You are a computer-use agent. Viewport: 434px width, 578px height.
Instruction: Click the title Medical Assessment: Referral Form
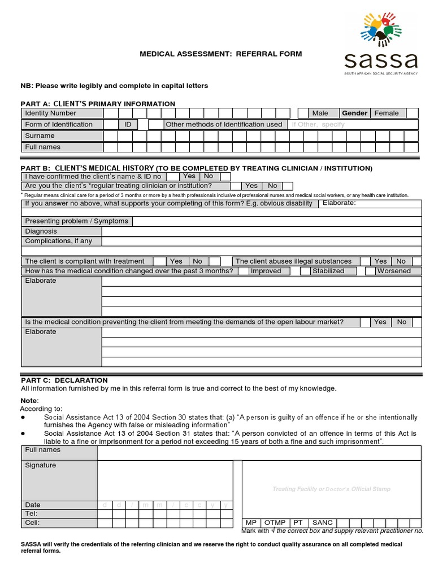point(221,54)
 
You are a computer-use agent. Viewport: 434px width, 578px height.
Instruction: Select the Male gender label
point(320,113)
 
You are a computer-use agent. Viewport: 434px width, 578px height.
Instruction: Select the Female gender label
point(387,113)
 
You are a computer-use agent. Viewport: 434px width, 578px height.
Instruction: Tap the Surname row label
point(40,136)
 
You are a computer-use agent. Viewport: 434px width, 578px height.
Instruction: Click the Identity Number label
point(51,113)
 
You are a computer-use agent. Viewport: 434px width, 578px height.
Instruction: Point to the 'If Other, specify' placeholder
point(318,125)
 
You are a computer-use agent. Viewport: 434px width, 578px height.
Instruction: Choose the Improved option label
point(266,271)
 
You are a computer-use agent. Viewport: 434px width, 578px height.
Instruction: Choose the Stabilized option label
point(328,271)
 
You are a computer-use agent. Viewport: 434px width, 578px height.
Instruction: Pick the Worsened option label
point(394,271)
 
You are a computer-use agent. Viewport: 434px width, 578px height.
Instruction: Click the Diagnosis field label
point(41,231)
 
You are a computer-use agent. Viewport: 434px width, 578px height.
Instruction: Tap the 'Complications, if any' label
point(58,241)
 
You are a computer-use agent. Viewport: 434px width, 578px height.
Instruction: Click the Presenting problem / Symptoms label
point(76,221)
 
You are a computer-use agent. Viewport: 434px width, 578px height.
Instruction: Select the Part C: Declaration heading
point(64,380)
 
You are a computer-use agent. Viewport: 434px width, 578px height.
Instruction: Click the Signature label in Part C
point(41,466)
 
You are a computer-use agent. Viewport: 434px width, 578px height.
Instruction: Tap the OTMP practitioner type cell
point(275,523)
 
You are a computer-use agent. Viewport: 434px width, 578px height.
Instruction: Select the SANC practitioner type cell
point(323,523)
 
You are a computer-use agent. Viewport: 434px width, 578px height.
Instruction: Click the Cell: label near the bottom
point(32,523)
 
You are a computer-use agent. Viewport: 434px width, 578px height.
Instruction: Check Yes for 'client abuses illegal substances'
point(381,261)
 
